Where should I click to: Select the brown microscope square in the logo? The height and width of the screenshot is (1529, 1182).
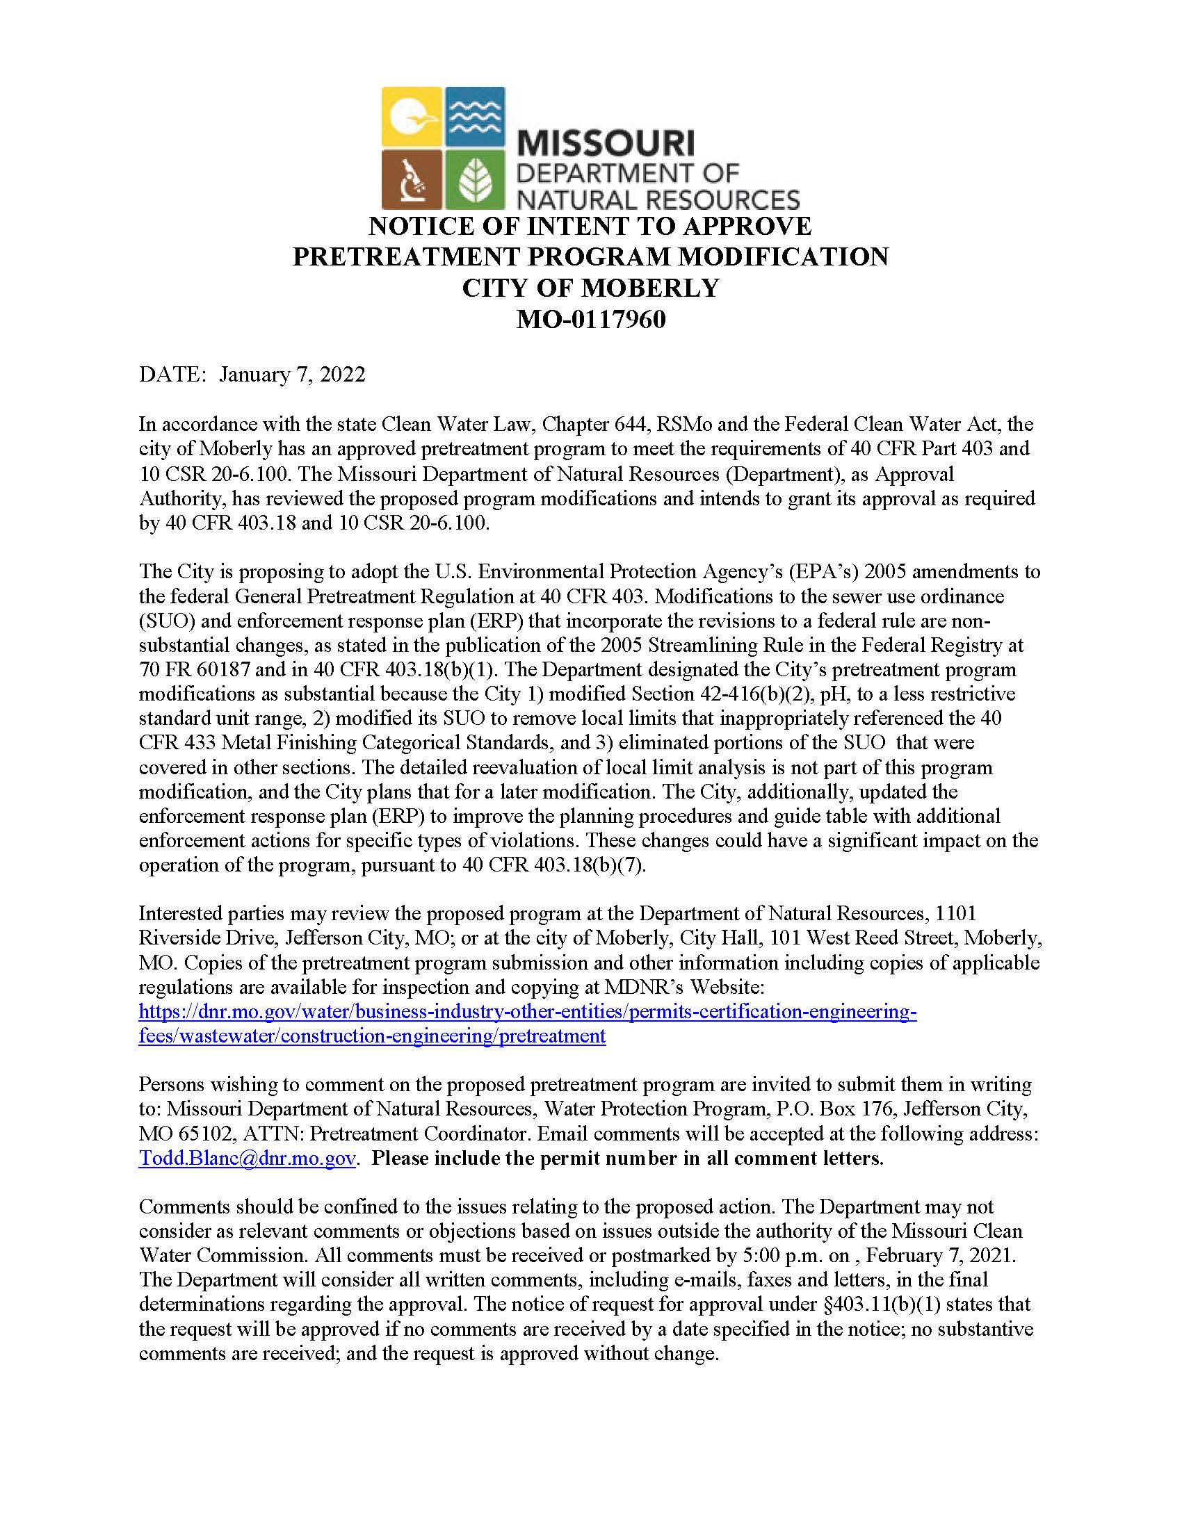(411, 179)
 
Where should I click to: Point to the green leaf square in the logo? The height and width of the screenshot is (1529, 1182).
(475, 179)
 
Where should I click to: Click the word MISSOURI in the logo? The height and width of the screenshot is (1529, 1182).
(606, 145)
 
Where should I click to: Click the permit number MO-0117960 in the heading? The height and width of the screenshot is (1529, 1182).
(590, 320)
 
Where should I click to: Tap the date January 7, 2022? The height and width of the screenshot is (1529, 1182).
(292, 375)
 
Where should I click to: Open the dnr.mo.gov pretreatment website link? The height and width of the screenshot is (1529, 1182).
(527, 1012)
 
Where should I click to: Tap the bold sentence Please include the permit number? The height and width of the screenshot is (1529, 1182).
(626, 1158)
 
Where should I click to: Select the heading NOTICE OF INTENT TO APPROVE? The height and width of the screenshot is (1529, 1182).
(590, 226)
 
